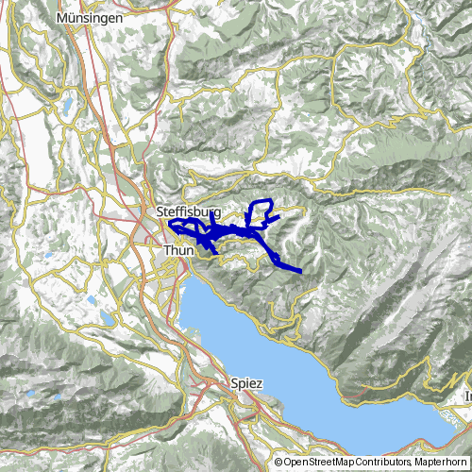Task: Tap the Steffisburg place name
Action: [189, 213]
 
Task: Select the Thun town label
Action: [178, 250]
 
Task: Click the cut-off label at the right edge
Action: [467, 396]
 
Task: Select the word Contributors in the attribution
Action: [383, 463]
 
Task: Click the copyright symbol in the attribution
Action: [278, 463]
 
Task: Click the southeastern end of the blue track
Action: [299, 272]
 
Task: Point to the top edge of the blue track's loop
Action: [260, 202]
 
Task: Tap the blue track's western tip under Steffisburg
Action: [170, 224]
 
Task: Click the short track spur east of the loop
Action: [277, 218]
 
